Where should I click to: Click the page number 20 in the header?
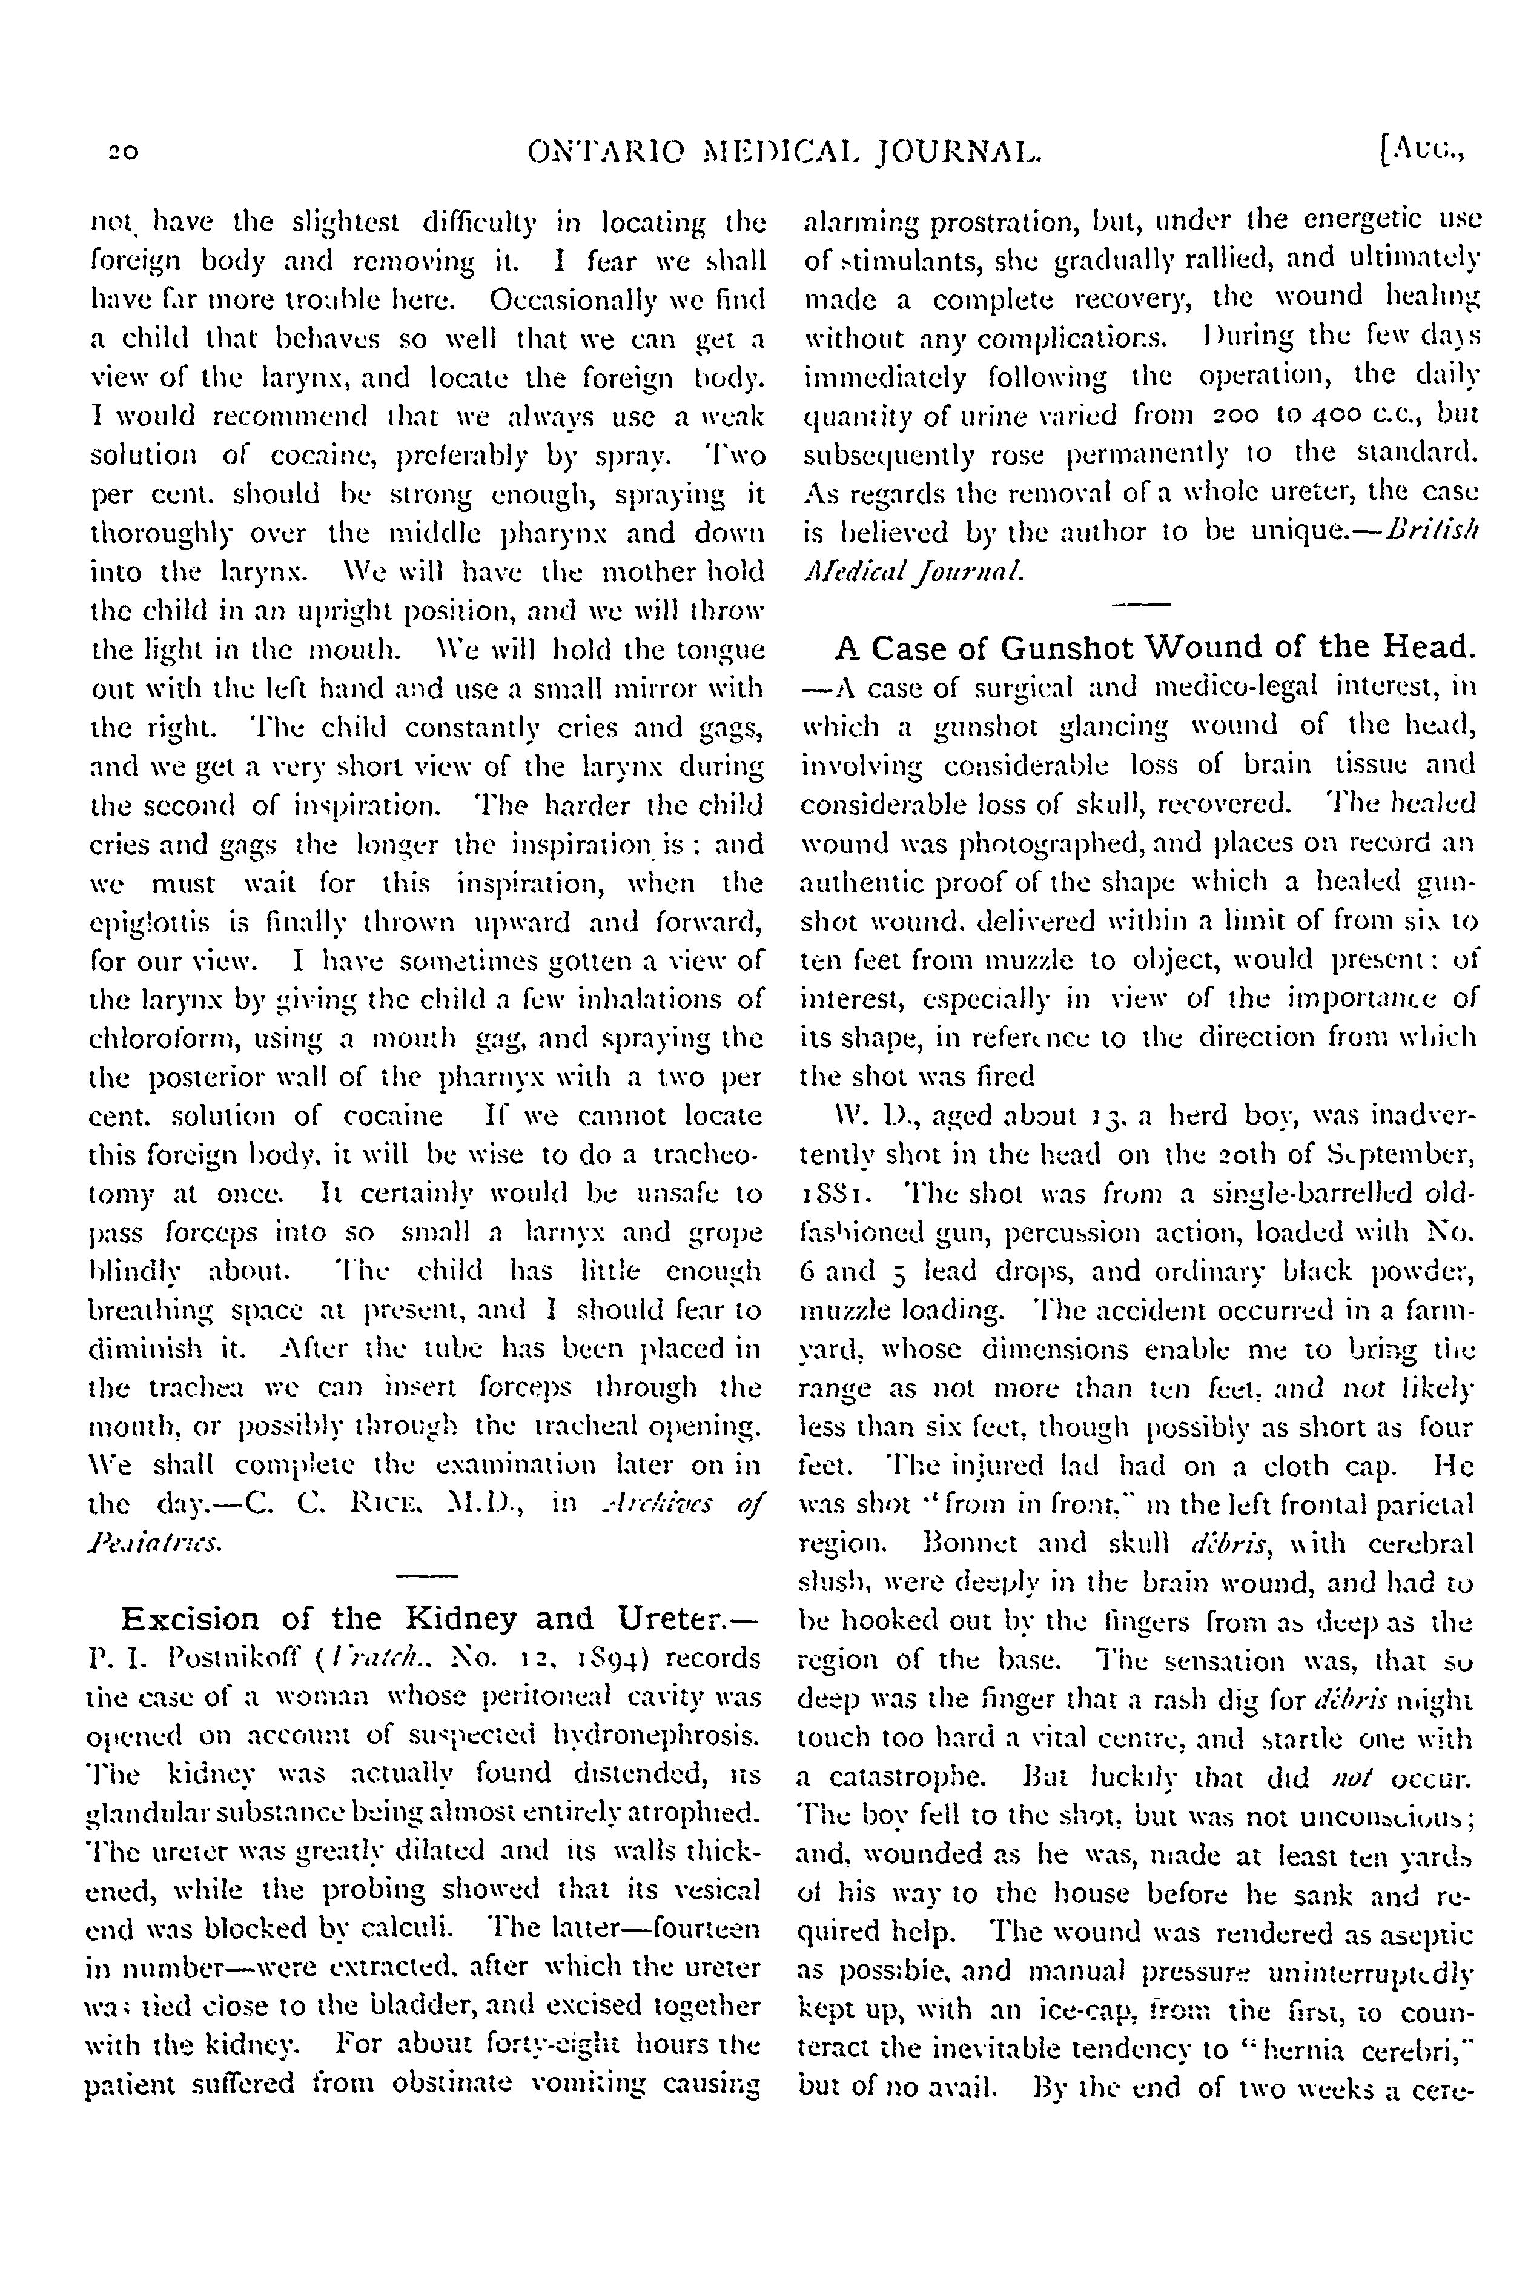pos(123,151)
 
